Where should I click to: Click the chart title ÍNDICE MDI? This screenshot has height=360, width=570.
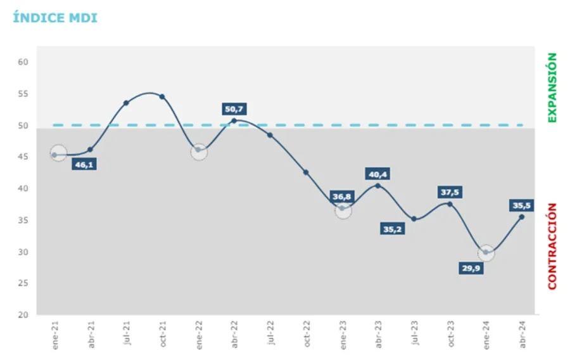click(55, 18)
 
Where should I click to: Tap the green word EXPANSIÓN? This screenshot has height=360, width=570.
click(552, 87)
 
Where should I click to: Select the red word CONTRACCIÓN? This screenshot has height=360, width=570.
click(552, 246)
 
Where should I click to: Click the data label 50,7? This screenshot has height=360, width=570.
click(234, 109)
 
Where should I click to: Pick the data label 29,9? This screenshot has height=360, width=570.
click(472, 268)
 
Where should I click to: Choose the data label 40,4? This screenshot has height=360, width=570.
click(379, 174)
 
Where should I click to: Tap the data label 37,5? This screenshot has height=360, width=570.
click(451, 192)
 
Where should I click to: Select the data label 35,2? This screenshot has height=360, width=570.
click(393, 229)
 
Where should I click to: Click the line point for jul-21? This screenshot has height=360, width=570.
click(126, 103)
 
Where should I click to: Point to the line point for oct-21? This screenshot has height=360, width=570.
click(162, 96)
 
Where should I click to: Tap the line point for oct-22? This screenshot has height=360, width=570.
click(306, 172)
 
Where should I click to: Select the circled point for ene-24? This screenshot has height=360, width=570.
click(486, 252)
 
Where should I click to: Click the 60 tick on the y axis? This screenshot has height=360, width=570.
click(23, 62)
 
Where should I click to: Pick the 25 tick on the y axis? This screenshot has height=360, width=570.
click(23, 283)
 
